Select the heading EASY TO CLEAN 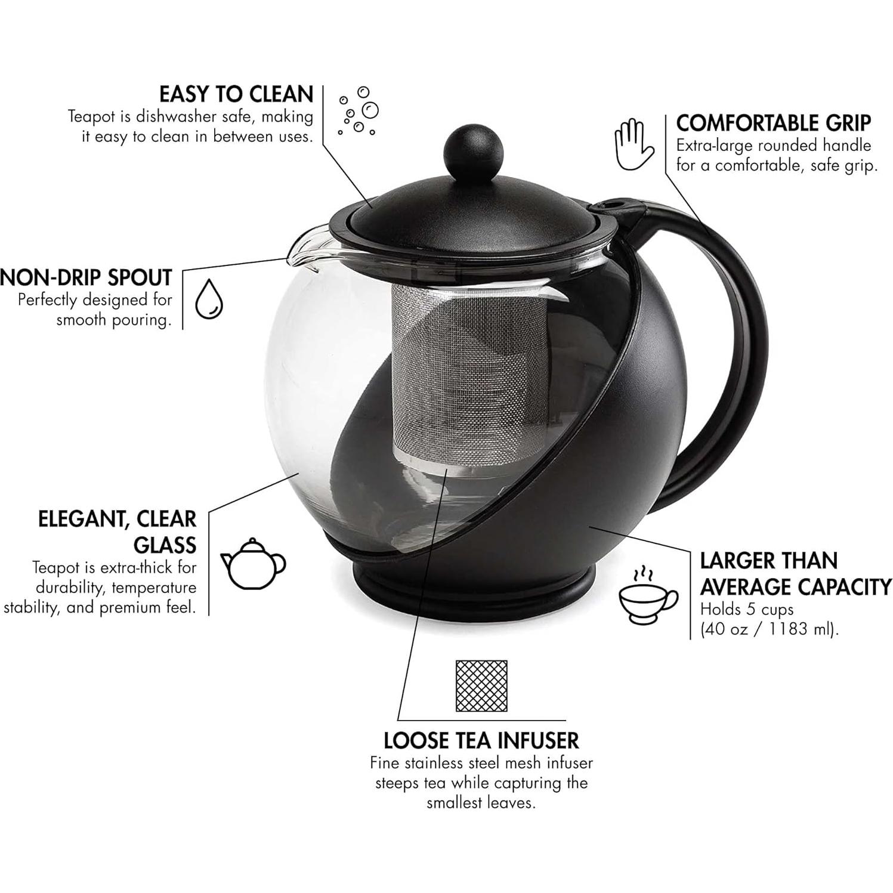[236, 94]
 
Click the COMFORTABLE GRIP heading [773, 123]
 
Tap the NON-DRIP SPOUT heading [86, 278]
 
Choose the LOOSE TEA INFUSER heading [481, 740]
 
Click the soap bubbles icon [359, 111]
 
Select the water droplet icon [209, 299]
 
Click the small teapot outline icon [254, 563]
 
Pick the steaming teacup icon [647, 597]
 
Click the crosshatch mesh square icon [481, 685]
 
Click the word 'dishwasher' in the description [176, 116]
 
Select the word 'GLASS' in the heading [165, 545]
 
